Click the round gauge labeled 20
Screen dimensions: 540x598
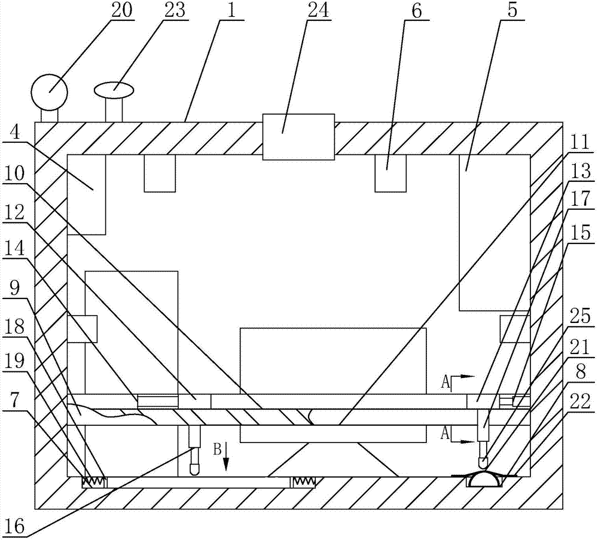click(50, 91)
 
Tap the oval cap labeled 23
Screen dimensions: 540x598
click(114, 90)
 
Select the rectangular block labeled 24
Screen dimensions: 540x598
click(298, 137)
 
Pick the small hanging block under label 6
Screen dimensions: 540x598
click(390, 173)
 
